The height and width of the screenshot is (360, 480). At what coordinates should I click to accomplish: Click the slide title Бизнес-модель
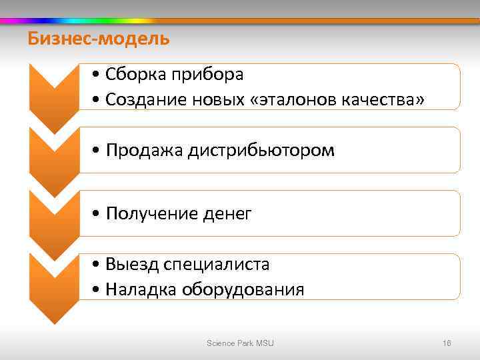99,39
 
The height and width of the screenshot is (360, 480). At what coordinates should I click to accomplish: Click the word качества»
383,99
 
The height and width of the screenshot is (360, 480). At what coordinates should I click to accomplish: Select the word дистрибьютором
260,151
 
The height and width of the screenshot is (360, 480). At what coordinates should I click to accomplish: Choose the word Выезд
131,265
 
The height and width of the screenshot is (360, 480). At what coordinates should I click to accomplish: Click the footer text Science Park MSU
240,343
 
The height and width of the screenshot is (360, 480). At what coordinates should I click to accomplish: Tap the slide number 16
447,343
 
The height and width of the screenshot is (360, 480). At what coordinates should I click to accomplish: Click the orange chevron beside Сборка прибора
54,93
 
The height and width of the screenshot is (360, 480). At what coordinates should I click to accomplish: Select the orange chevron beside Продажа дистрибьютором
54,157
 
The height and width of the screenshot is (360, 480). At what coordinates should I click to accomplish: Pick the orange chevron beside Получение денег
54,220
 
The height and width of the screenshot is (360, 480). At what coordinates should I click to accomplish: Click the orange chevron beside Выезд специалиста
54,283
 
